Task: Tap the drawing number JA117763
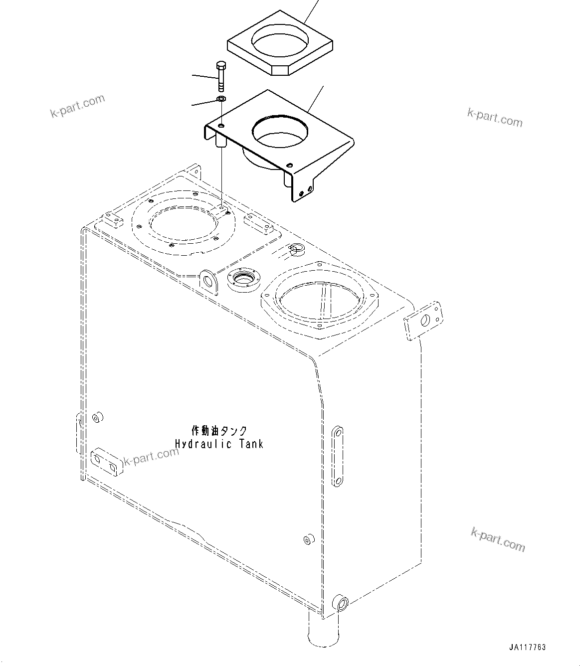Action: coord(528,648)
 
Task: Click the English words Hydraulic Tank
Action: coord(219,443)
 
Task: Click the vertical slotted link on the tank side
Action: coord(337,455)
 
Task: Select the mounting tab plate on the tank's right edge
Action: coord(424,321)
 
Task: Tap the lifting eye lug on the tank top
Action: coord(207,280)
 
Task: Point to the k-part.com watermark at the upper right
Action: coord(494,118)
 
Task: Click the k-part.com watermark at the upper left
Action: coord(78,106)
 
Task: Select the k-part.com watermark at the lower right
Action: coord(498,539)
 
